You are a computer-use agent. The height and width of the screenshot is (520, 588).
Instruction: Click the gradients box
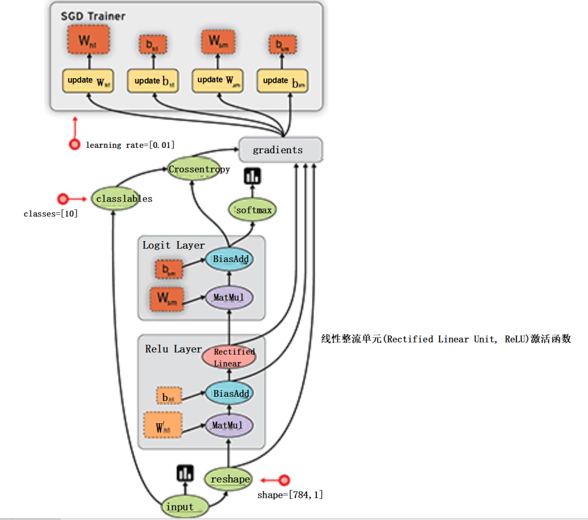281,150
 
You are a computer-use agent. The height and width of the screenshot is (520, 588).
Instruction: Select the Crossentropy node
198,170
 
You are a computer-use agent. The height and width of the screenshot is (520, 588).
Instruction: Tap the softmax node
253,210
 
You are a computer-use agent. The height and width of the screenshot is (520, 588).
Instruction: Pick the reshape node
230,479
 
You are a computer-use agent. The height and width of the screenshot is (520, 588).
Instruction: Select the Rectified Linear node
229,357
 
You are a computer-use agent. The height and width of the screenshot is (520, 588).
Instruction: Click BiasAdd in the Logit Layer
229,260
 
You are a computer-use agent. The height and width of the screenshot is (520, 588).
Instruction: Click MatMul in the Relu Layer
229,426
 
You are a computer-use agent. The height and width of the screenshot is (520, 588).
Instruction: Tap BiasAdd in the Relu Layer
229,394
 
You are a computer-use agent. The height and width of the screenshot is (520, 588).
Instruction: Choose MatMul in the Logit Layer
229,297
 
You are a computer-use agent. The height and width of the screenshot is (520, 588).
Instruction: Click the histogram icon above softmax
251,176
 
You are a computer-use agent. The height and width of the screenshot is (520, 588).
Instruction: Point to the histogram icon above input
185,473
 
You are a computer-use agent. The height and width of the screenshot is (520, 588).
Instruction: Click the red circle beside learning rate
75,144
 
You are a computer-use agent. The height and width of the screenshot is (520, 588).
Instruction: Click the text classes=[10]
51,214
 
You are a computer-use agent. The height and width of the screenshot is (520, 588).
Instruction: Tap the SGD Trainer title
93,16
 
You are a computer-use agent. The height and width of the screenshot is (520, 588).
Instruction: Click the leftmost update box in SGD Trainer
88,81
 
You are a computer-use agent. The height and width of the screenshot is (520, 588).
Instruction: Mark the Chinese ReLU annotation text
446,339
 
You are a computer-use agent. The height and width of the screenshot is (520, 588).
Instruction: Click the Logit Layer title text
173,245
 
